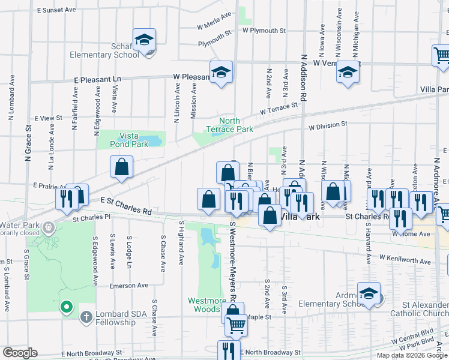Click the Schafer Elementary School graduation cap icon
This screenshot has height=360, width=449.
pos(144,40)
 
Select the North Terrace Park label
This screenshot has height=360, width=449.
pos(229,125)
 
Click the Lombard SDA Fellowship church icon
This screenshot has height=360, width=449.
pos(86,316)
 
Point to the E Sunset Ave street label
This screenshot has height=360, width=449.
pos(56,10)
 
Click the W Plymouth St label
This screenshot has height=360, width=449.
pos(264,30)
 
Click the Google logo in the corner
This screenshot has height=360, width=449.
pos(20,353)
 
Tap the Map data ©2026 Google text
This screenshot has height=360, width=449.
pos(412,355)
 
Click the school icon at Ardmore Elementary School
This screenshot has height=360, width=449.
pos(369,293)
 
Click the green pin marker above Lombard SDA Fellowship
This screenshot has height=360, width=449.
pos(65,307)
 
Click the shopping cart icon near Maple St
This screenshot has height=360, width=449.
pos(237,326)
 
